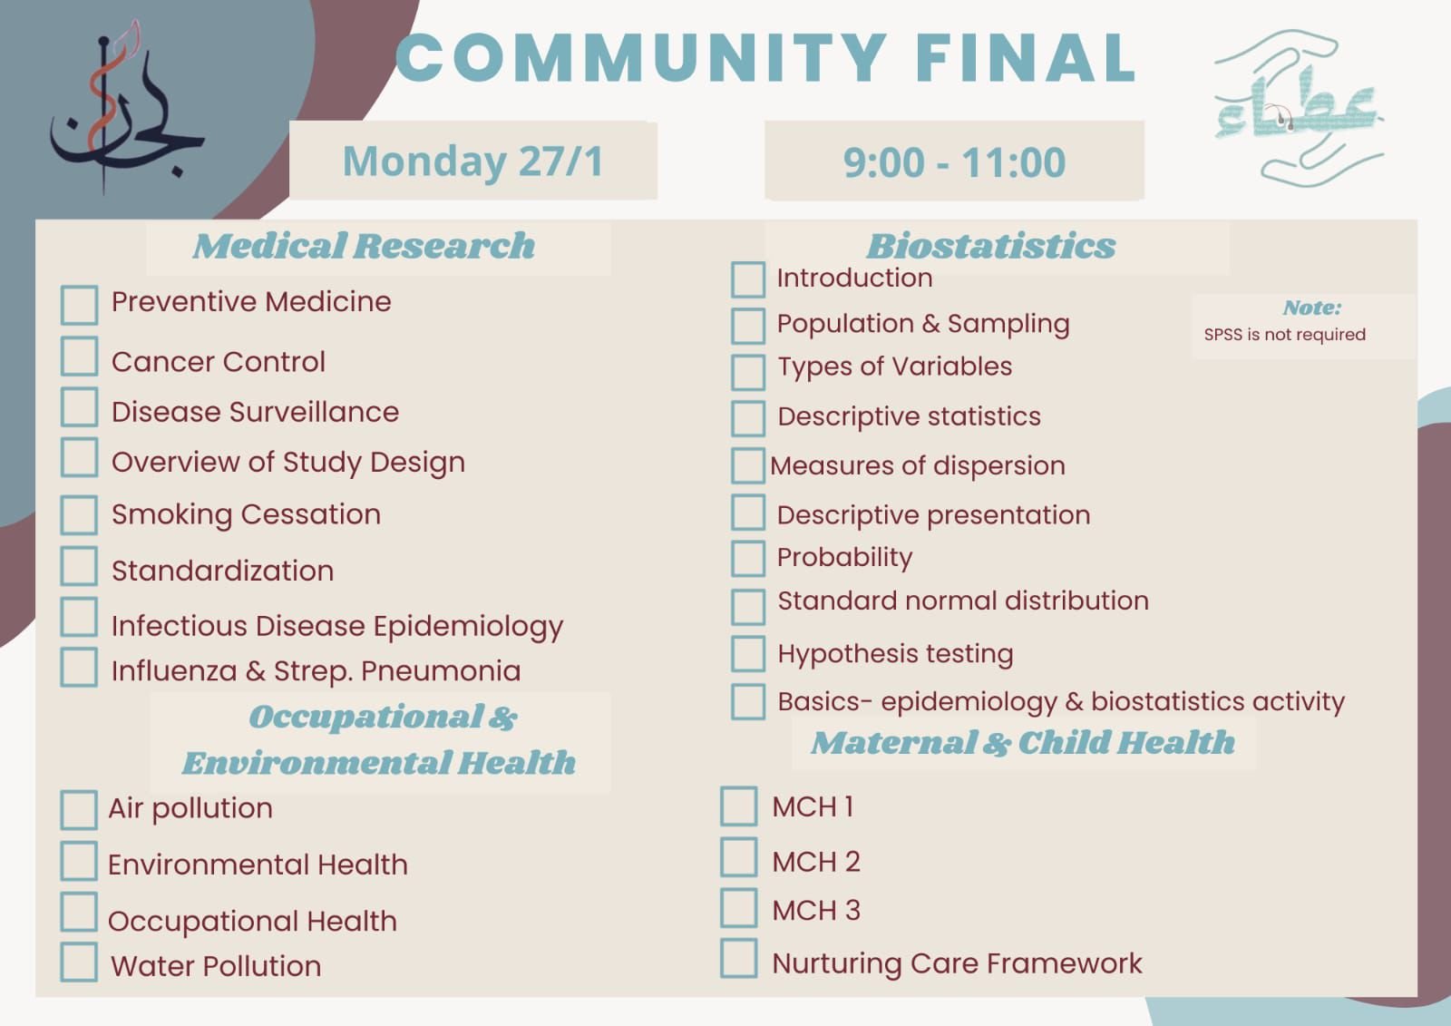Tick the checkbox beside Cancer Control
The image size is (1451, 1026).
(x=79, y=356)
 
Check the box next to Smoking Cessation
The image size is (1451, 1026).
(x=79, y=514)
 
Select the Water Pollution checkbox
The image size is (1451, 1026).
(x=79, y=962)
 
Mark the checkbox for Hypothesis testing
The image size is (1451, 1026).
(x=748, y=653)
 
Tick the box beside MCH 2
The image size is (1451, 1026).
(x=738, y=857)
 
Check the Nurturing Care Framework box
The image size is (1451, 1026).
(x=738, y=958)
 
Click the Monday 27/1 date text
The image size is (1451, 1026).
(x=472, y=161)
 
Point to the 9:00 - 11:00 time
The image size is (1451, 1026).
(x=954, y=162)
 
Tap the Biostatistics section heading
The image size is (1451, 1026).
(x=991, y=246)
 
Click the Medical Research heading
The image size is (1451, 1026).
(x=364, y=246)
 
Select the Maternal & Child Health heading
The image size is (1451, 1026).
(x=1024, y=743)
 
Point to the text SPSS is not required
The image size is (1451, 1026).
(x=1284, y=335)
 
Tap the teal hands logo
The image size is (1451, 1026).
(x=1299, y=107)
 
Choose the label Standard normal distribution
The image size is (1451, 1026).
(x=963, y=601)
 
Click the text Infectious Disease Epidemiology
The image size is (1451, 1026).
(x=337, y=627)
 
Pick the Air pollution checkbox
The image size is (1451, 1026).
(x=79, y=809)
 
